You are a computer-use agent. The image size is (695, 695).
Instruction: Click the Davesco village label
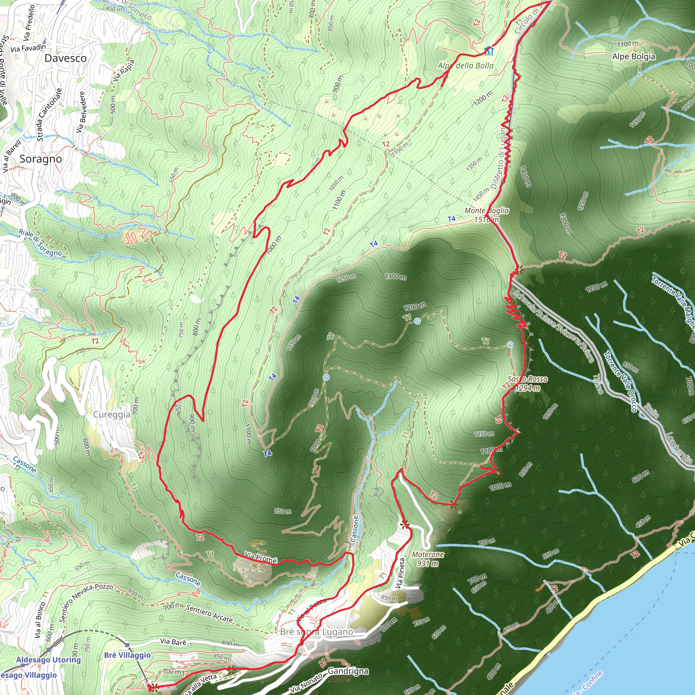point(65,58)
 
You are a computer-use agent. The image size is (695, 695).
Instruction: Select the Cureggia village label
point(112,414)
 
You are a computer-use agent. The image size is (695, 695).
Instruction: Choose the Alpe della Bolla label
point(466,65)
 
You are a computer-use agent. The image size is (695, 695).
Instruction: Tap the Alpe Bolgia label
point(634,56)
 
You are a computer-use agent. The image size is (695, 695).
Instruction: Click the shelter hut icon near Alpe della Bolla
point(489,51)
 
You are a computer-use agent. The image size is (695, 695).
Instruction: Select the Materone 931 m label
point(428,559)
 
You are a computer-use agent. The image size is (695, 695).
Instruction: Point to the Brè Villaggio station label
point(127,655)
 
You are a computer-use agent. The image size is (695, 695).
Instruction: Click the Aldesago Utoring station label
point(49,660)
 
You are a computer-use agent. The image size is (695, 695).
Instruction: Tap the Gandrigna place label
point(348,671)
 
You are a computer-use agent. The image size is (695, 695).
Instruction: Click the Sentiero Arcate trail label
point(209,613)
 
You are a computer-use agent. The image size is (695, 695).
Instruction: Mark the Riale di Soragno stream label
point(40,243)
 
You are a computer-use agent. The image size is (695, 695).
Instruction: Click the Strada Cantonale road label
point(49,114)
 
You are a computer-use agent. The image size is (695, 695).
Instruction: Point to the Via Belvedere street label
point(81,112)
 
